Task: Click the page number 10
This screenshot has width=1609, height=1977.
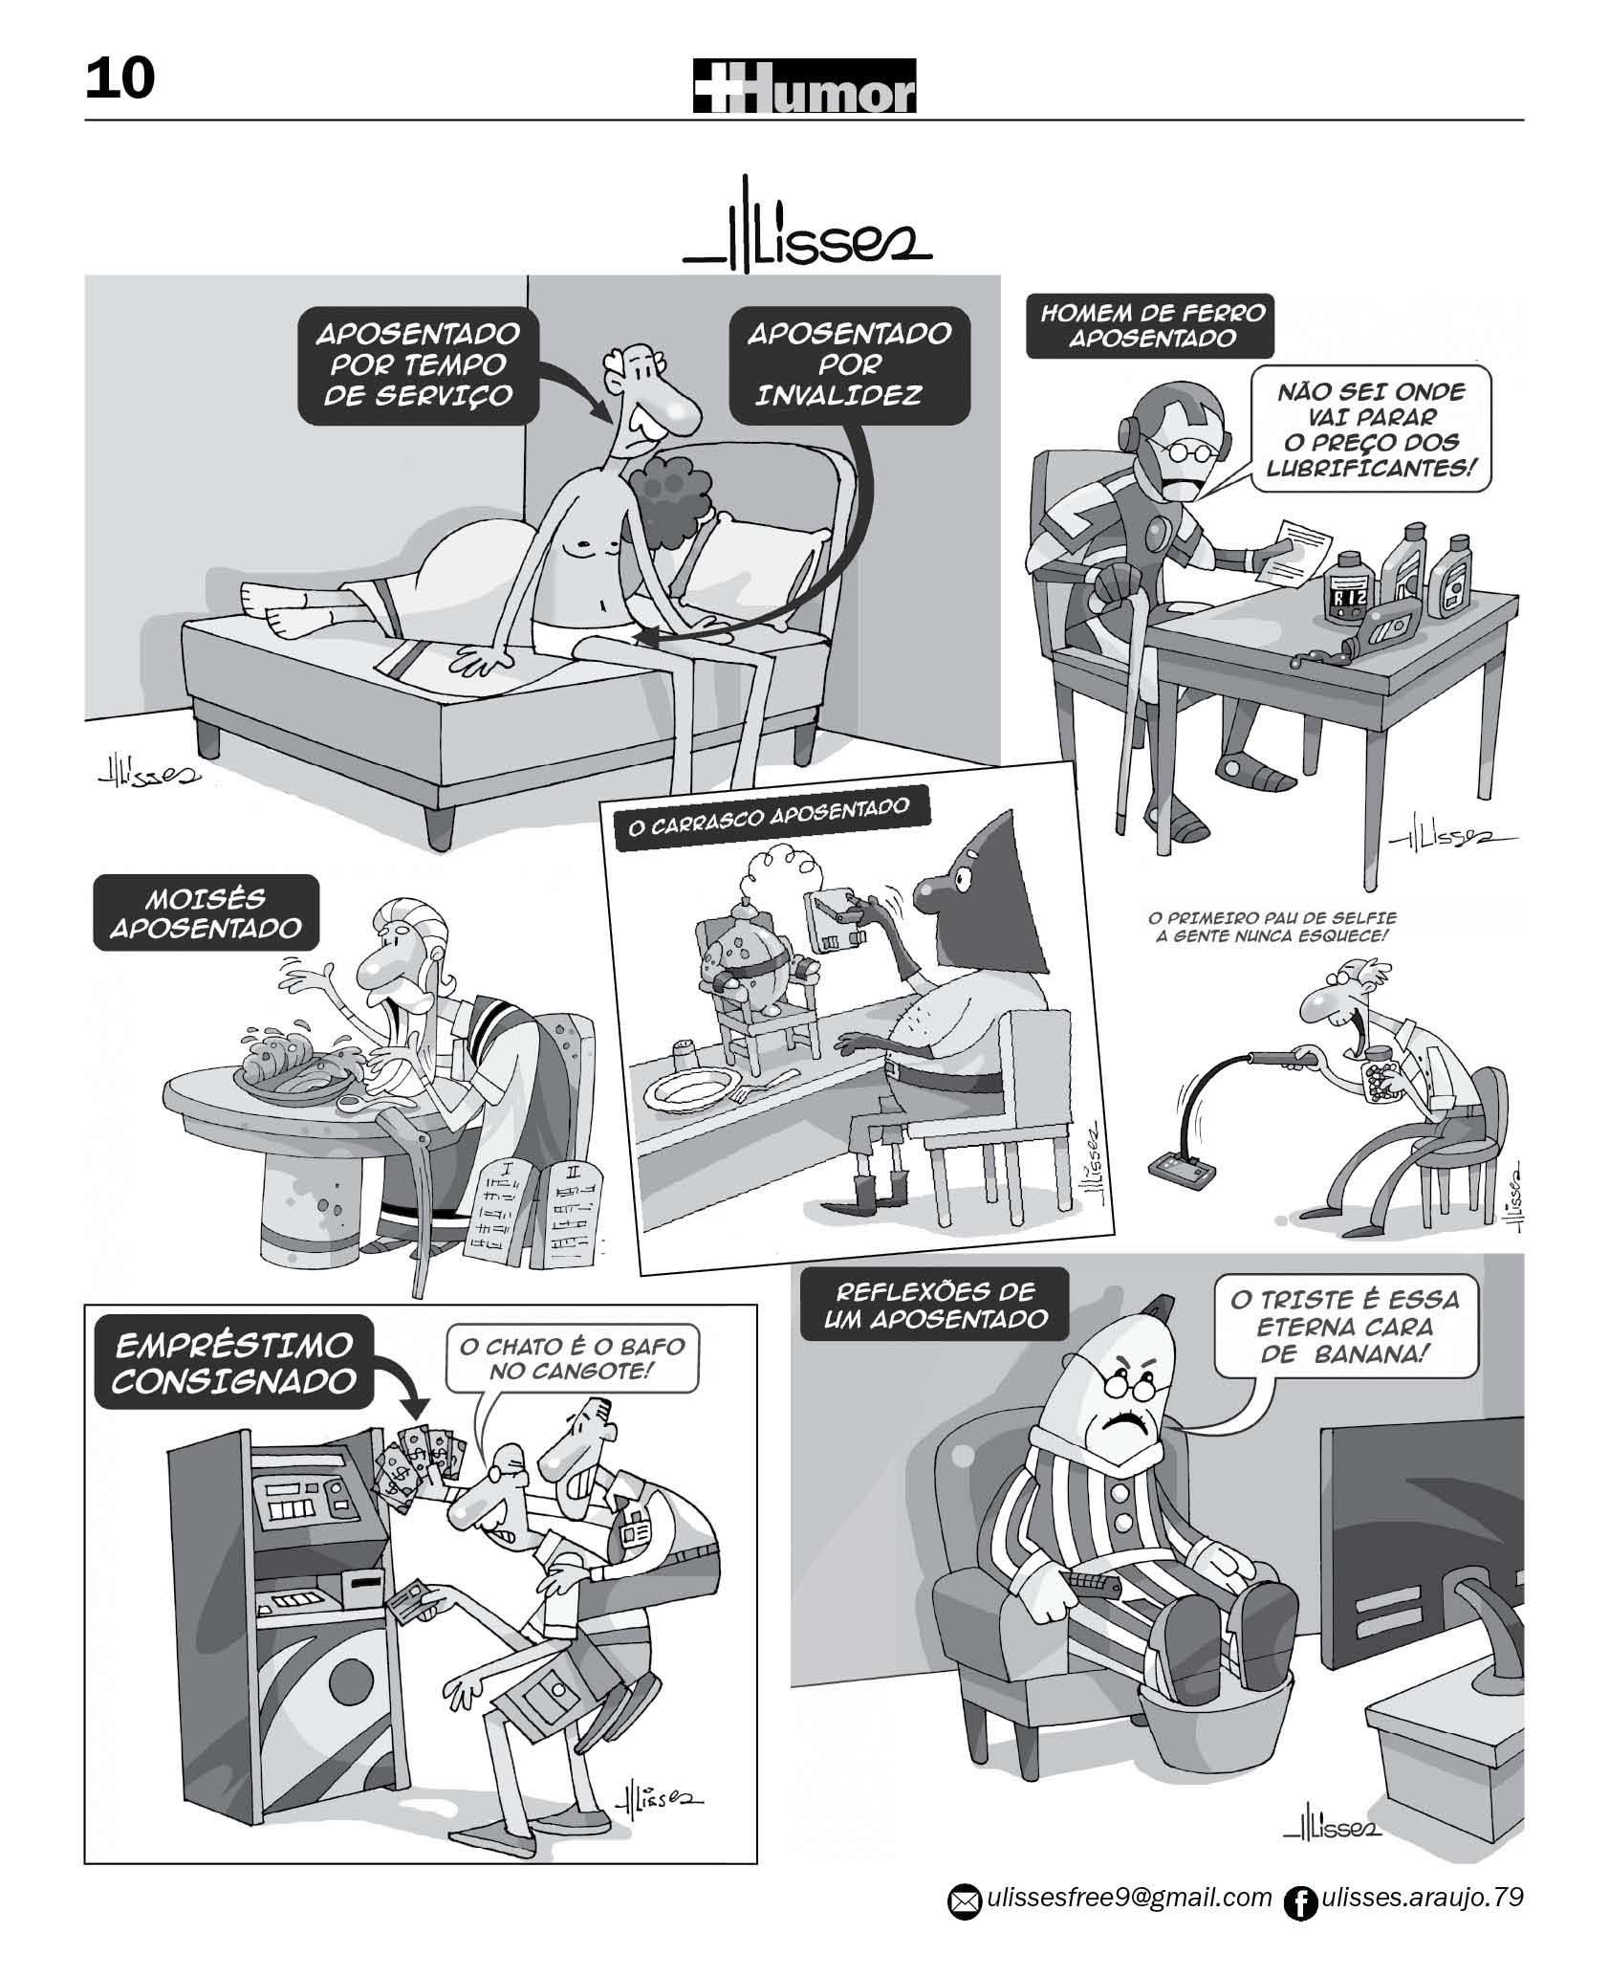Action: click(120, 78)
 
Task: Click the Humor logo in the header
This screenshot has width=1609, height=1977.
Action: click(804, 86)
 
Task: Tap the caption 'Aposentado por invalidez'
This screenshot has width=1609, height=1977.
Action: click(850, 364)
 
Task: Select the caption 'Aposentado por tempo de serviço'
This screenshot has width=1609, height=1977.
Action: click(417, 364)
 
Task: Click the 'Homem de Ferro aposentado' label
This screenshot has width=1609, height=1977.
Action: click(1151, 325)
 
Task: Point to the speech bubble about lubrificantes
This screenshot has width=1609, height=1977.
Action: click(1370, 428)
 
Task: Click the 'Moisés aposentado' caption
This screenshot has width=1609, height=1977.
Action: click(206, 913)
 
